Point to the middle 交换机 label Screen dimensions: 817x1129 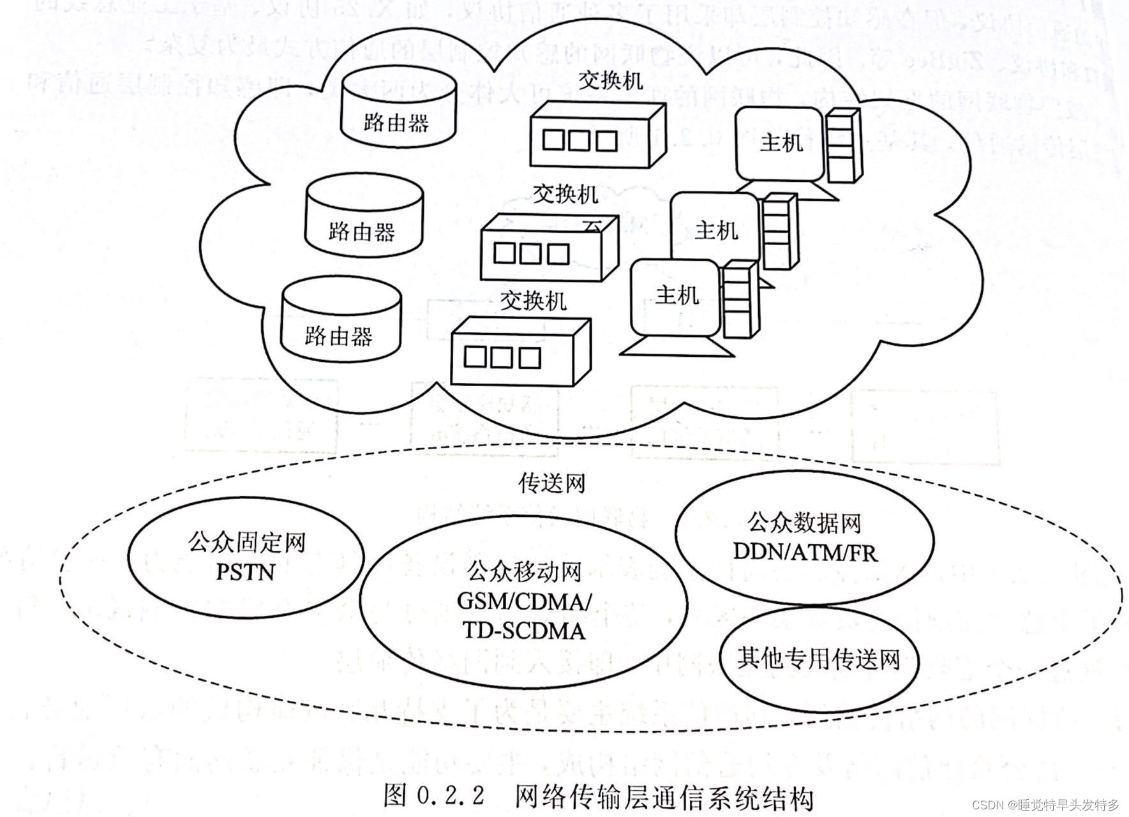[x=565, y=193]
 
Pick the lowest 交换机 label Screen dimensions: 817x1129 [x=533, y=299]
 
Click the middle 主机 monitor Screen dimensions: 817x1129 [x=715, y=229]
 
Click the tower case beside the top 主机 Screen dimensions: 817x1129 [x=842, y=147]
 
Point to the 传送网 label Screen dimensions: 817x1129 [x=551, y=483]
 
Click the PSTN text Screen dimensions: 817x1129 [x=246, y=571]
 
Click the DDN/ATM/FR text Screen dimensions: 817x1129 [x=805, y=551]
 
